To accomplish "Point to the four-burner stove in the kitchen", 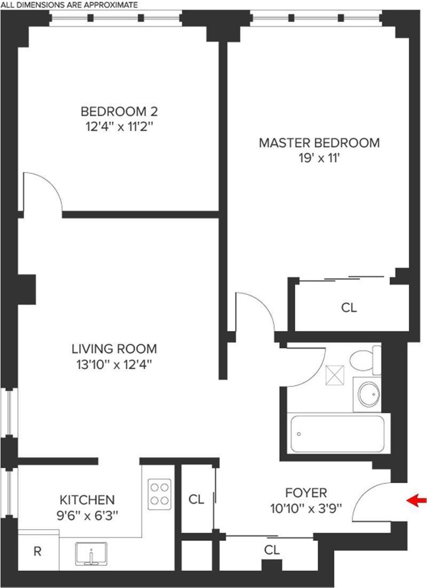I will pos(160,493).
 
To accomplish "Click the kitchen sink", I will pos(92,555).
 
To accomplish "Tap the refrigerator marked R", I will pos(37,552).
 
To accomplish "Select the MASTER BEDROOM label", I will pos(319,143).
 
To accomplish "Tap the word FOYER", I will pos(305,493).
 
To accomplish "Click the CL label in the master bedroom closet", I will pos(349,308).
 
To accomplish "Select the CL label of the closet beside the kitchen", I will pos(196,499).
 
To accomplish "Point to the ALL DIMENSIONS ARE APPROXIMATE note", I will pos(69,4).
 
